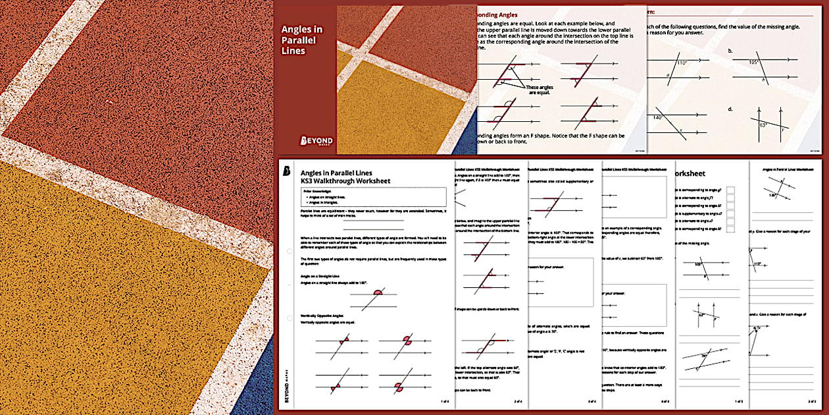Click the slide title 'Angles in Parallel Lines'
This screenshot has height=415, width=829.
click(299, 40)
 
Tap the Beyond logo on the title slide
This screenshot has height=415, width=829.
click(316, 141)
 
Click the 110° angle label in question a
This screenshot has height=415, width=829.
click(682, 63)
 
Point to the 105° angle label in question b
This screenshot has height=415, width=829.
click(753, 62)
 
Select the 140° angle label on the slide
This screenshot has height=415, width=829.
click(657, 118)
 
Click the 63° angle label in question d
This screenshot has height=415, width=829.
click(763, 124)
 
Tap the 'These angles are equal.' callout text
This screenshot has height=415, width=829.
click(540, 90)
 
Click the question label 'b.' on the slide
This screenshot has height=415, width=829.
click(730, 51)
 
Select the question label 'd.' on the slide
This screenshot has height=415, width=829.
click(730, 109)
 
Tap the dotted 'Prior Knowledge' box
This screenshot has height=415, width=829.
click(372, 197)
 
